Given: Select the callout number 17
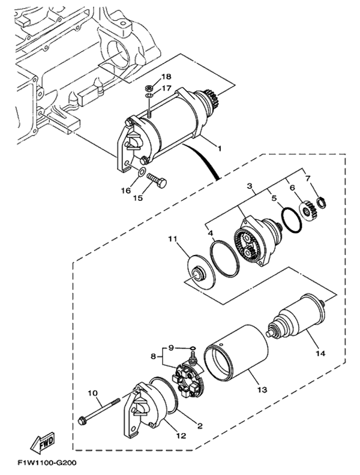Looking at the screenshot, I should (x=166, y=88).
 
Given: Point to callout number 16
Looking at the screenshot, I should (x=126, y=190).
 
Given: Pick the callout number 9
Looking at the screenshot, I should (x=170, y=347).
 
